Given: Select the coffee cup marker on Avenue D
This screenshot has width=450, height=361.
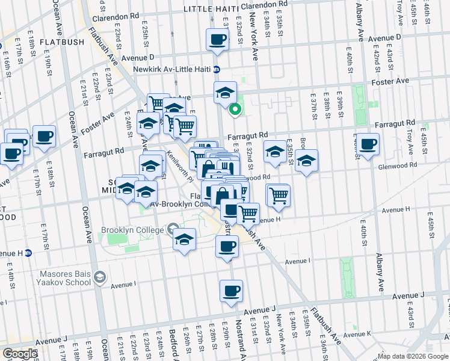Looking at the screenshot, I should click(x=217, y=40).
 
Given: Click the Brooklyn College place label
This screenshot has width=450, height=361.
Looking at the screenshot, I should click(x=132, y=230).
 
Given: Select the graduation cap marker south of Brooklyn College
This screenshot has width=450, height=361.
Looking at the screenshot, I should click(x=185, y=240).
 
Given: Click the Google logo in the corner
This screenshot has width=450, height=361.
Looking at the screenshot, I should click(x=20, y=354).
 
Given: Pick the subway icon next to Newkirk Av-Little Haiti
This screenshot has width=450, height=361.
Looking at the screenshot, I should click(x=216, y=69).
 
